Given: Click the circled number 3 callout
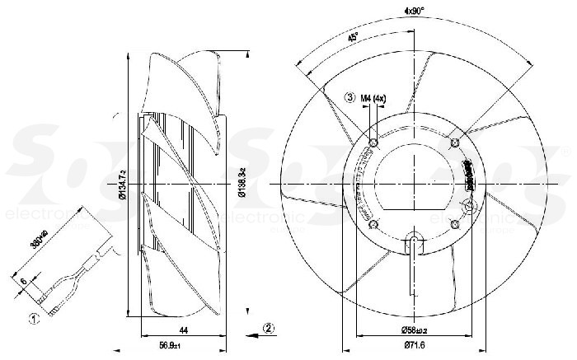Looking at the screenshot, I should click(351, 98).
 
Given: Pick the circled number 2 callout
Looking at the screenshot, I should click(270, 327).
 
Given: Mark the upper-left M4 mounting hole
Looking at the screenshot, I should click(374, 143).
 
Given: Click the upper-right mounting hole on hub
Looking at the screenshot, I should click(454, 143).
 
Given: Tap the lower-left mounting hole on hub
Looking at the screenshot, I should click(374, 223).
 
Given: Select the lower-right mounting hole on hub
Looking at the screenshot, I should click(454, 223).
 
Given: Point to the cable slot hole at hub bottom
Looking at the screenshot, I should click(415, 241).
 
